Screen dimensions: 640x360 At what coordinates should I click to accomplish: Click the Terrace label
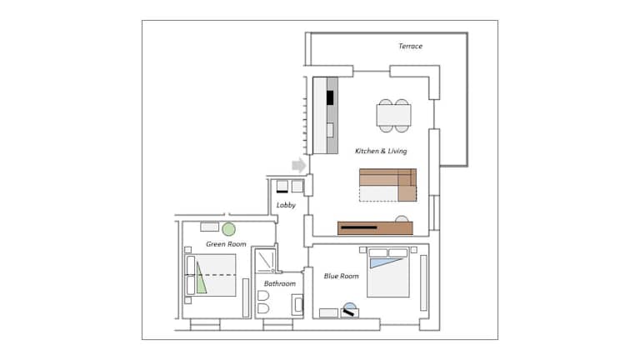click(410, 46)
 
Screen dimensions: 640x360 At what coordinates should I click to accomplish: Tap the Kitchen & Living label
click(381, 151)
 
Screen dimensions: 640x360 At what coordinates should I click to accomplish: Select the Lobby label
click(286, 205)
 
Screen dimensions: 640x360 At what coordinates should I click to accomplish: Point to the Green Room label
click(226, 244)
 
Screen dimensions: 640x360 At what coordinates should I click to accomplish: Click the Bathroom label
click(280, 283)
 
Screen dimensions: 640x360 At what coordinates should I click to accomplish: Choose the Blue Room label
click(341, 276)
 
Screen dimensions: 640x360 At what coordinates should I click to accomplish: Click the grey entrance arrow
click(299, 165)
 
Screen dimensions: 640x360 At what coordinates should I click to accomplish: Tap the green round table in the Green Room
click(228, 229)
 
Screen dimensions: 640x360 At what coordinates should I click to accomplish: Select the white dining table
click(393, 116)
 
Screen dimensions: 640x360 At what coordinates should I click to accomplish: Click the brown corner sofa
click(388, 184)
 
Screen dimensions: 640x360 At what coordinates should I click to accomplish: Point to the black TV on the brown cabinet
click(359, 227)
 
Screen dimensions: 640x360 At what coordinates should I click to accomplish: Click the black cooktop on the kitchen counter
click(330, 98)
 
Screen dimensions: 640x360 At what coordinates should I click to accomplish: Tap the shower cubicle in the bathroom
click(266, 260)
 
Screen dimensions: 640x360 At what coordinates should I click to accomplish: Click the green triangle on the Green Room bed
click(200, 280)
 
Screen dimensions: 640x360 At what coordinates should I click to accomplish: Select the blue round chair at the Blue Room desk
click(350, 306)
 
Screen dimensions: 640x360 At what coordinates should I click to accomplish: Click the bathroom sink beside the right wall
click(297, 305)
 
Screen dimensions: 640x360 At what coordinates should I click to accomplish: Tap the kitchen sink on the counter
click(330, 130)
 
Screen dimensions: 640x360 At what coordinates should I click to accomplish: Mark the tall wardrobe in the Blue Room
click(423, 282)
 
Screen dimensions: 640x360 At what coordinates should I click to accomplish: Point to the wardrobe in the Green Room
click(246, 298)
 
